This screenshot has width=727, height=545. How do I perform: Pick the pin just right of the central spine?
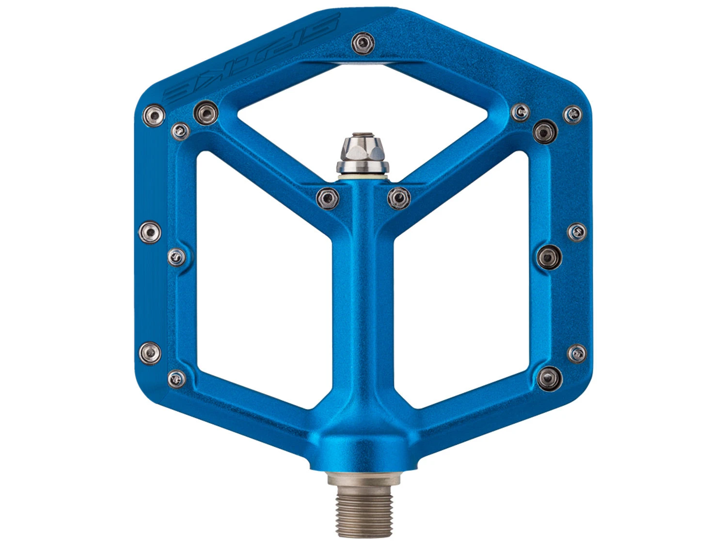(x=399, y=197)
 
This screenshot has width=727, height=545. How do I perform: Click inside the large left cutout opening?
(x=262, y=276)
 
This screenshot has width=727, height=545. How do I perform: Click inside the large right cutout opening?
(x=460, y=276)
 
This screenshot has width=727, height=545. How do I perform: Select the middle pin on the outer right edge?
(x=576, y=231)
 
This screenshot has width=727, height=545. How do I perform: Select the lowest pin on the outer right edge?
(x=576, y=353)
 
